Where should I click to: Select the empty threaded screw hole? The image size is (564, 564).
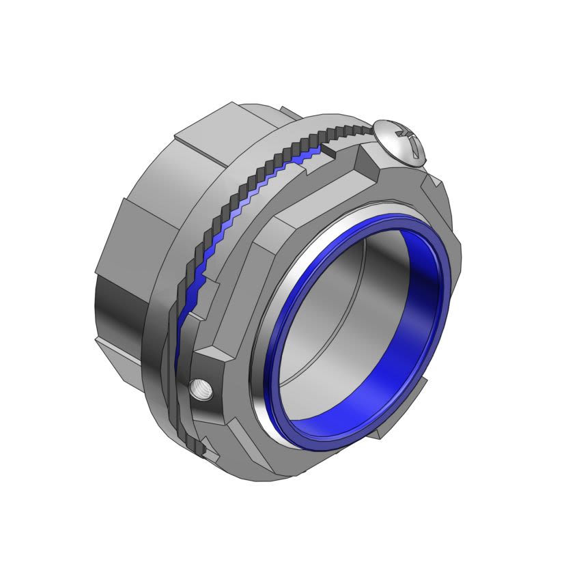tap(203, 390)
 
